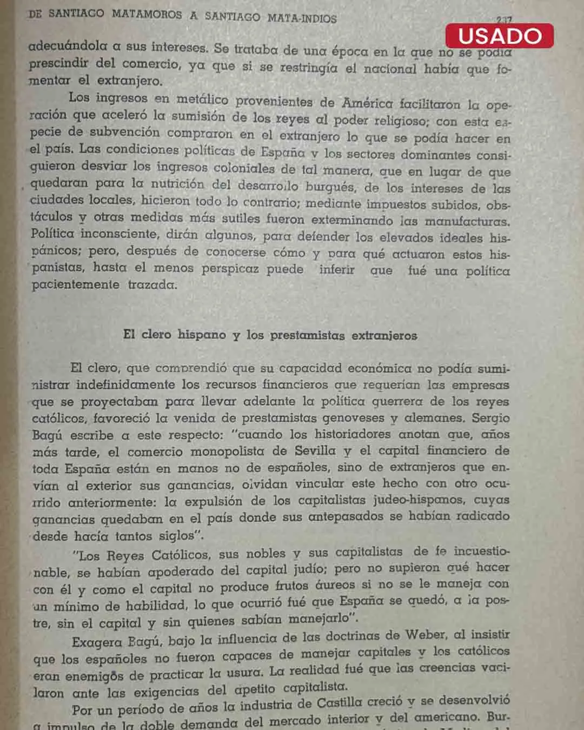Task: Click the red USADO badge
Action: click(499, 36)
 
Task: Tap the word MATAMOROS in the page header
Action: click(147, 15)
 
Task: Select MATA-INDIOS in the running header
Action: click(302, 18)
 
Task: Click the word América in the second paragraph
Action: click(367, 103)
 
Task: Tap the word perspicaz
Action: click(230, 269)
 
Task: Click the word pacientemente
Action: click(75, 284)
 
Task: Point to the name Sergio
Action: click(490, 418)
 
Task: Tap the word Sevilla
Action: click(315, 450)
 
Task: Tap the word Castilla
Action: click(340, 704)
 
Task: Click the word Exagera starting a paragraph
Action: click(97, 642)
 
